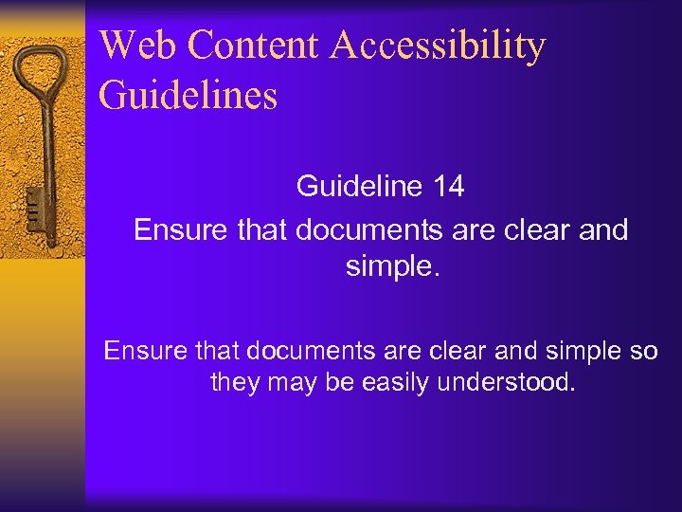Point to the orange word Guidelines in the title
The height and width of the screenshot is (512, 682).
[x=188, y=96]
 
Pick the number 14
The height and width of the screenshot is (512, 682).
[x=447, y=186]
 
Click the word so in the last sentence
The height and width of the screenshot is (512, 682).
[x=640, y=351]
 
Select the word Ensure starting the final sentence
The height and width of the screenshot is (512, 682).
[x=145, y=351]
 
